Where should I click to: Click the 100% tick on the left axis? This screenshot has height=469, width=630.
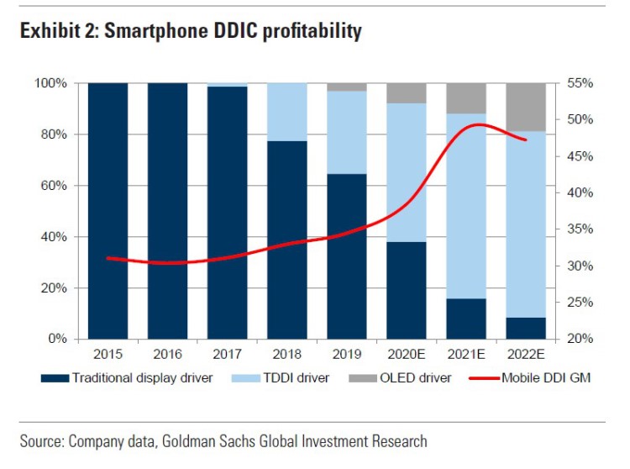pyautogui.click(x=50, y=83)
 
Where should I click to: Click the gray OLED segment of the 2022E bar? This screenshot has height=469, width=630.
pyautogui.click(x=526, y=107)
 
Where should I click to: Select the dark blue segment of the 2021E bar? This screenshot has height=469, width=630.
pyautogui.click(x=466, y=319)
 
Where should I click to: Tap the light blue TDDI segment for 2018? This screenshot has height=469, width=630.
pyautogui.click(x=287, y=112)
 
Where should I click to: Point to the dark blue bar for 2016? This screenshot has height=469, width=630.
pyautogui.click(x=167, y=210)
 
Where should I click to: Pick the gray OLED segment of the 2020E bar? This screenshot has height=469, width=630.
pyautogui.click(x=407, y=92)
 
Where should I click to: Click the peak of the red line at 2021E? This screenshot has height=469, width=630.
pyautogui.click(x=477, y=124)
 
